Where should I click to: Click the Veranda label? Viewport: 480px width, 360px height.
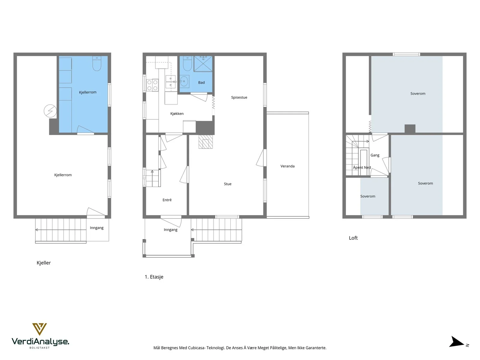click(287, 166)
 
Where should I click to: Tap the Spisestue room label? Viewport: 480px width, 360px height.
click(239, 97)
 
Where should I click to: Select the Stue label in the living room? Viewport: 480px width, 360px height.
click(227, 184)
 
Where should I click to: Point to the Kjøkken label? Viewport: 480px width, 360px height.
click(177, 114)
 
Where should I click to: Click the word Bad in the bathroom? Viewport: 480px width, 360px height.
click(201, 82)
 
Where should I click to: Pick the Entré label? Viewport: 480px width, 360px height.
click(167, 200)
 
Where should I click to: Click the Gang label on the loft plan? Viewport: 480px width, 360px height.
click(375, 155)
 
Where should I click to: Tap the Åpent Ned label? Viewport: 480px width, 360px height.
click(362, 167)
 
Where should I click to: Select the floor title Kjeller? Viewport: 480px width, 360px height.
click(43, 263)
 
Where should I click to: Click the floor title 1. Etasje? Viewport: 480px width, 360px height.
click(154, 277)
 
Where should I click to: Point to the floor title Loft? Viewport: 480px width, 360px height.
click(353, 238)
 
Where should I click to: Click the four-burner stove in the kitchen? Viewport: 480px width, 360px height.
click(152, 85)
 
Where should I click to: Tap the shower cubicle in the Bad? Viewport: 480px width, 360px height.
click(203, 64)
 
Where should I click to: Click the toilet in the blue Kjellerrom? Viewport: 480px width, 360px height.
click(97, 64)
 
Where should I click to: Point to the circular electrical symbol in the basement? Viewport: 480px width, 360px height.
click(50, 111)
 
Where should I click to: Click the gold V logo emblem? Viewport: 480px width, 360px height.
click(40, 328)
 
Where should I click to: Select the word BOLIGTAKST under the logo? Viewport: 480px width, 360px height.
click(40, 348)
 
